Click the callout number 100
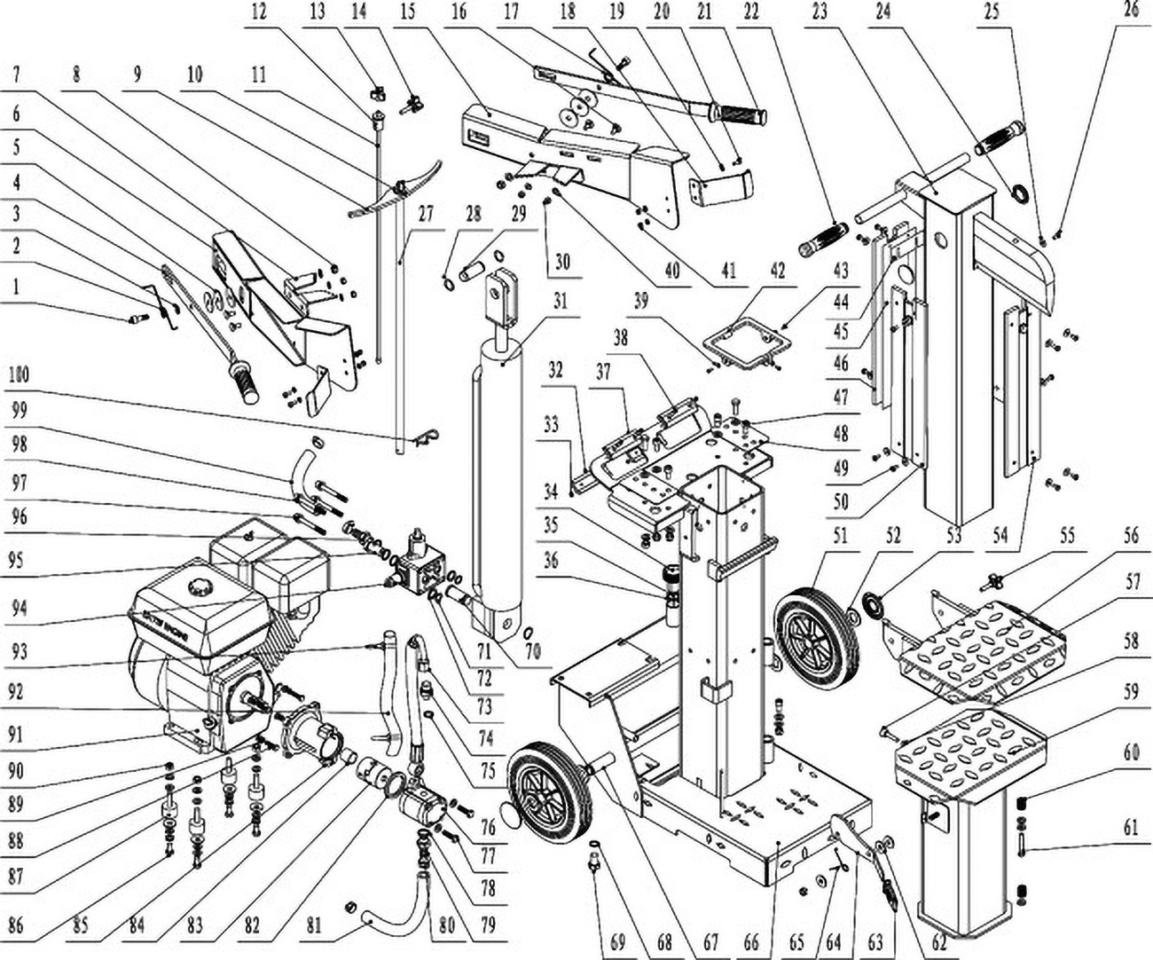coord(17,374)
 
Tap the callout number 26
coord(1130,12)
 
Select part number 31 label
coord(561,301)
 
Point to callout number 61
coord(1130,829)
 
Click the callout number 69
coord(617,941)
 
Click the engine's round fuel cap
coord(197,586)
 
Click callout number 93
coord(17,650)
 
